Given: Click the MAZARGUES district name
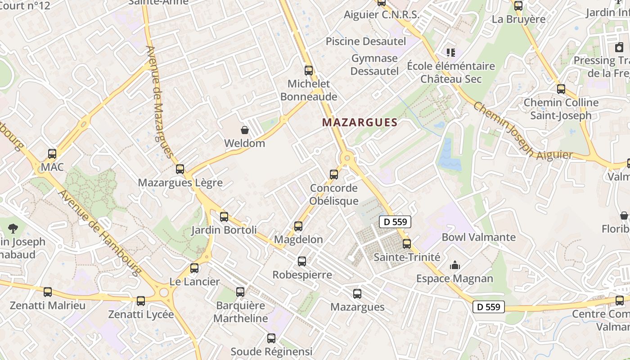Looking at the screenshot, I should (360, 122).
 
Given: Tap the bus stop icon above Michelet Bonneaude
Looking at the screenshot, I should (309, 70).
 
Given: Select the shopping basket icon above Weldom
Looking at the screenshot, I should (245, 130).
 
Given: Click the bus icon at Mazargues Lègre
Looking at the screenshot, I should (180, 169).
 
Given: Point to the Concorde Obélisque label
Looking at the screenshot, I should (334, 194).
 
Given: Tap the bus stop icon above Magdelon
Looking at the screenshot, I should (298, 226).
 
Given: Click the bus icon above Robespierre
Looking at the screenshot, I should (302, 261).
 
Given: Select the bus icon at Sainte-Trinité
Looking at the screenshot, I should (407, 244).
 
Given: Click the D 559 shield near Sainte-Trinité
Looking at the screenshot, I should (395, 221).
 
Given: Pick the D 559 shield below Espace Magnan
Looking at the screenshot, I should (488, 307).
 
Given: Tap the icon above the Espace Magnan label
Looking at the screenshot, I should (455, 265).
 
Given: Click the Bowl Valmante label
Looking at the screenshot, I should (478, 237).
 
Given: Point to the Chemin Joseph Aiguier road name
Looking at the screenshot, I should (522, 133).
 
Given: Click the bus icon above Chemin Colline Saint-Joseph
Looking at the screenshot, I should (561, 89).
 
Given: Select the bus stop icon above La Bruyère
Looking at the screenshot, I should (518, 6).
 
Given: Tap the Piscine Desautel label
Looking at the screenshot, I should (365, 41).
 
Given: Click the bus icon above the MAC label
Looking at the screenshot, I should (52, 154).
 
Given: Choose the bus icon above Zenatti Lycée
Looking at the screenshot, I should (141, 301).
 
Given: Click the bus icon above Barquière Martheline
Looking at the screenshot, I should (240, 292).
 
